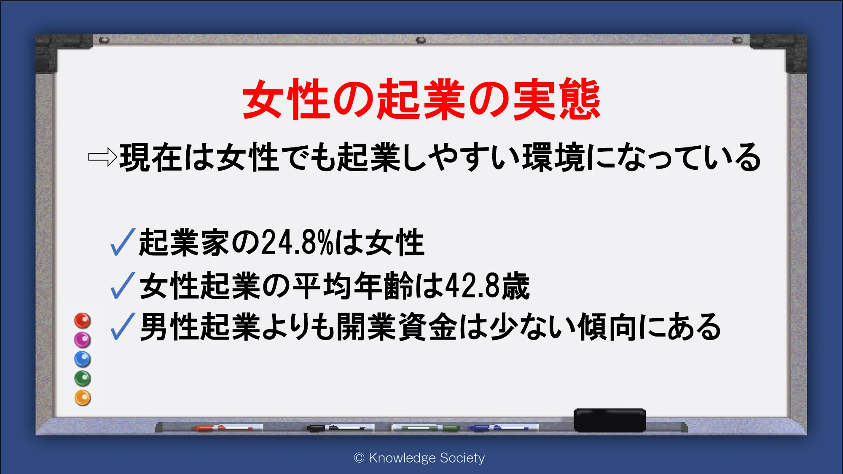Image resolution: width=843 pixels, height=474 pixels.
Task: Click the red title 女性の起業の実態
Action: (x=421, y=99)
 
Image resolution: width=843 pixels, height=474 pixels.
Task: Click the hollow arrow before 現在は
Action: (x=102, y=157)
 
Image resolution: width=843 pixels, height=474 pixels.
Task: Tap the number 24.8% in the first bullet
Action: (x=298, y=243)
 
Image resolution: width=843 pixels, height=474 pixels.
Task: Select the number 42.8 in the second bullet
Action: (x=473, y=286)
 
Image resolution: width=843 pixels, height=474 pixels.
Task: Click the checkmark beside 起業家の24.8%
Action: (x=123, y=242)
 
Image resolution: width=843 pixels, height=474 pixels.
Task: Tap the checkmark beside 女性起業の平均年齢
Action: (x=123, y=286)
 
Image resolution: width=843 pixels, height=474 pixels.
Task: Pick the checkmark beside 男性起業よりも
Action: (x=123, y=327)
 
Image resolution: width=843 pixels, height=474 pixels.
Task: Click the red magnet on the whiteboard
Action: (x=83, y=321)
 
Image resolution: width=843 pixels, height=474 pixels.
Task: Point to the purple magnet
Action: (x=83, y=340)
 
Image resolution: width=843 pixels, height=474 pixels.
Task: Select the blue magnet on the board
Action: (x=83, y=359)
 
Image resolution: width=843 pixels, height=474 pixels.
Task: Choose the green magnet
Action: (x=83, y=378)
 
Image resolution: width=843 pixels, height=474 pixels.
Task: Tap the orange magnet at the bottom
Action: (x=83, y=398)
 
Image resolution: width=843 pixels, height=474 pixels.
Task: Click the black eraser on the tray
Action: (x=610, y=420)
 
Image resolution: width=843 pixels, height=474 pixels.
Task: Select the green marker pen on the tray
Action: (x=426, y=428)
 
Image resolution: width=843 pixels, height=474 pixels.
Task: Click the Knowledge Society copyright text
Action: (x=419, y=458)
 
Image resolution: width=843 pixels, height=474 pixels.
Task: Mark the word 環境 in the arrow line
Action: (x=553, y=157)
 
